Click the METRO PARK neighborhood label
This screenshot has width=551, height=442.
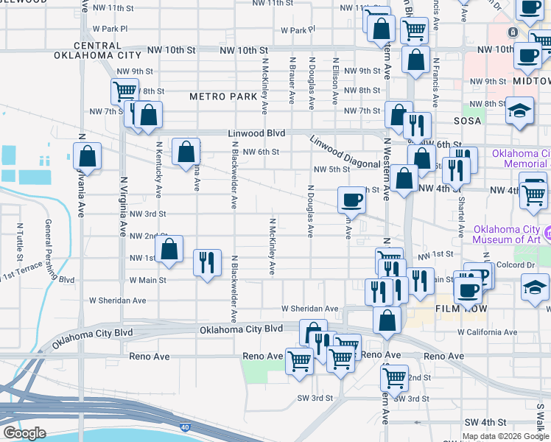(x=222, y=97)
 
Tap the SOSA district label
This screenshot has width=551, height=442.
(x=467, y=120)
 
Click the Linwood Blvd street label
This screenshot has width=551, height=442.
(x=256, y=133)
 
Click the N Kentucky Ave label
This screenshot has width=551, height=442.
(x=159, y=170)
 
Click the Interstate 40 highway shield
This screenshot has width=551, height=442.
(x=183, y=427)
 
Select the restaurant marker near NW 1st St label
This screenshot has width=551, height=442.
(x=207, y=262)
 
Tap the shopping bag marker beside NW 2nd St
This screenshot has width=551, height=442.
(x=169, y=249)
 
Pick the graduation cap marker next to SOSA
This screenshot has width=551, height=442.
(x=519, y=111)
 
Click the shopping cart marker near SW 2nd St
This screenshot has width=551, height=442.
(x=394, y=378)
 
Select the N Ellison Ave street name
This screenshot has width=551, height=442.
(x=335, y=81)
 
